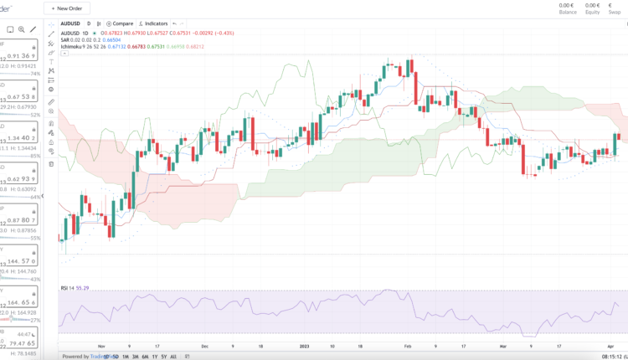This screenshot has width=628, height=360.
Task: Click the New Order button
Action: point(67,8)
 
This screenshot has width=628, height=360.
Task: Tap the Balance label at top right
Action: point(567,13)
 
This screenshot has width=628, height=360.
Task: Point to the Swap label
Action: point(615,13)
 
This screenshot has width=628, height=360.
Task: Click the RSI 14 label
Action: point(68,288)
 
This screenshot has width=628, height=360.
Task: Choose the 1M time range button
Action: point(124,356)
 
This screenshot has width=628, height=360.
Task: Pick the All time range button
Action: point(172,356)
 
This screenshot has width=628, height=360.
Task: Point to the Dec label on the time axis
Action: point(205,345)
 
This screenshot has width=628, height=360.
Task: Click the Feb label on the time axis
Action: point(407,345)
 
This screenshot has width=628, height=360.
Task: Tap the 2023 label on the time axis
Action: point(304,345)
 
